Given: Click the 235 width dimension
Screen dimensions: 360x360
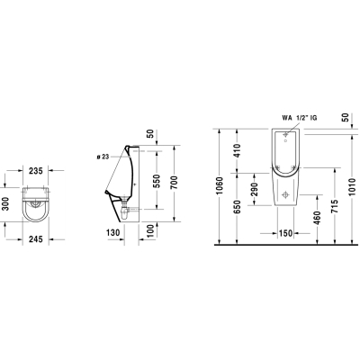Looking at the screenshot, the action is click(x=36, y=171).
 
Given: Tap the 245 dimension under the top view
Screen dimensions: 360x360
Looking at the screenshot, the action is click(x=36, y=239).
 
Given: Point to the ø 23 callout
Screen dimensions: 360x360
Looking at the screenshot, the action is click(x=103, y=157).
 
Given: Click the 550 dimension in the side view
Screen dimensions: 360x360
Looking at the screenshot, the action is click(x=157, y=181).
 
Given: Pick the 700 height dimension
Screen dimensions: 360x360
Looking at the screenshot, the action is click(x=174, y=182).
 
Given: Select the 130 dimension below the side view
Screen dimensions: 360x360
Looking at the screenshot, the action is click(x=113, y=232).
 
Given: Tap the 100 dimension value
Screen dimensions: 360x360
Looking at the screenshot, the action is click(x=152, y=230).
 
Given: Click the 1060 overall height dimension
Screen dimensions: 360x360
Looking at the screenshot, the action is click(x=220, y=185).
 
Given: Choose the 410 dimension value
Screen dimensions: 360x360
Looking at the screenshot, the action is click(x=237, y=150).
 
